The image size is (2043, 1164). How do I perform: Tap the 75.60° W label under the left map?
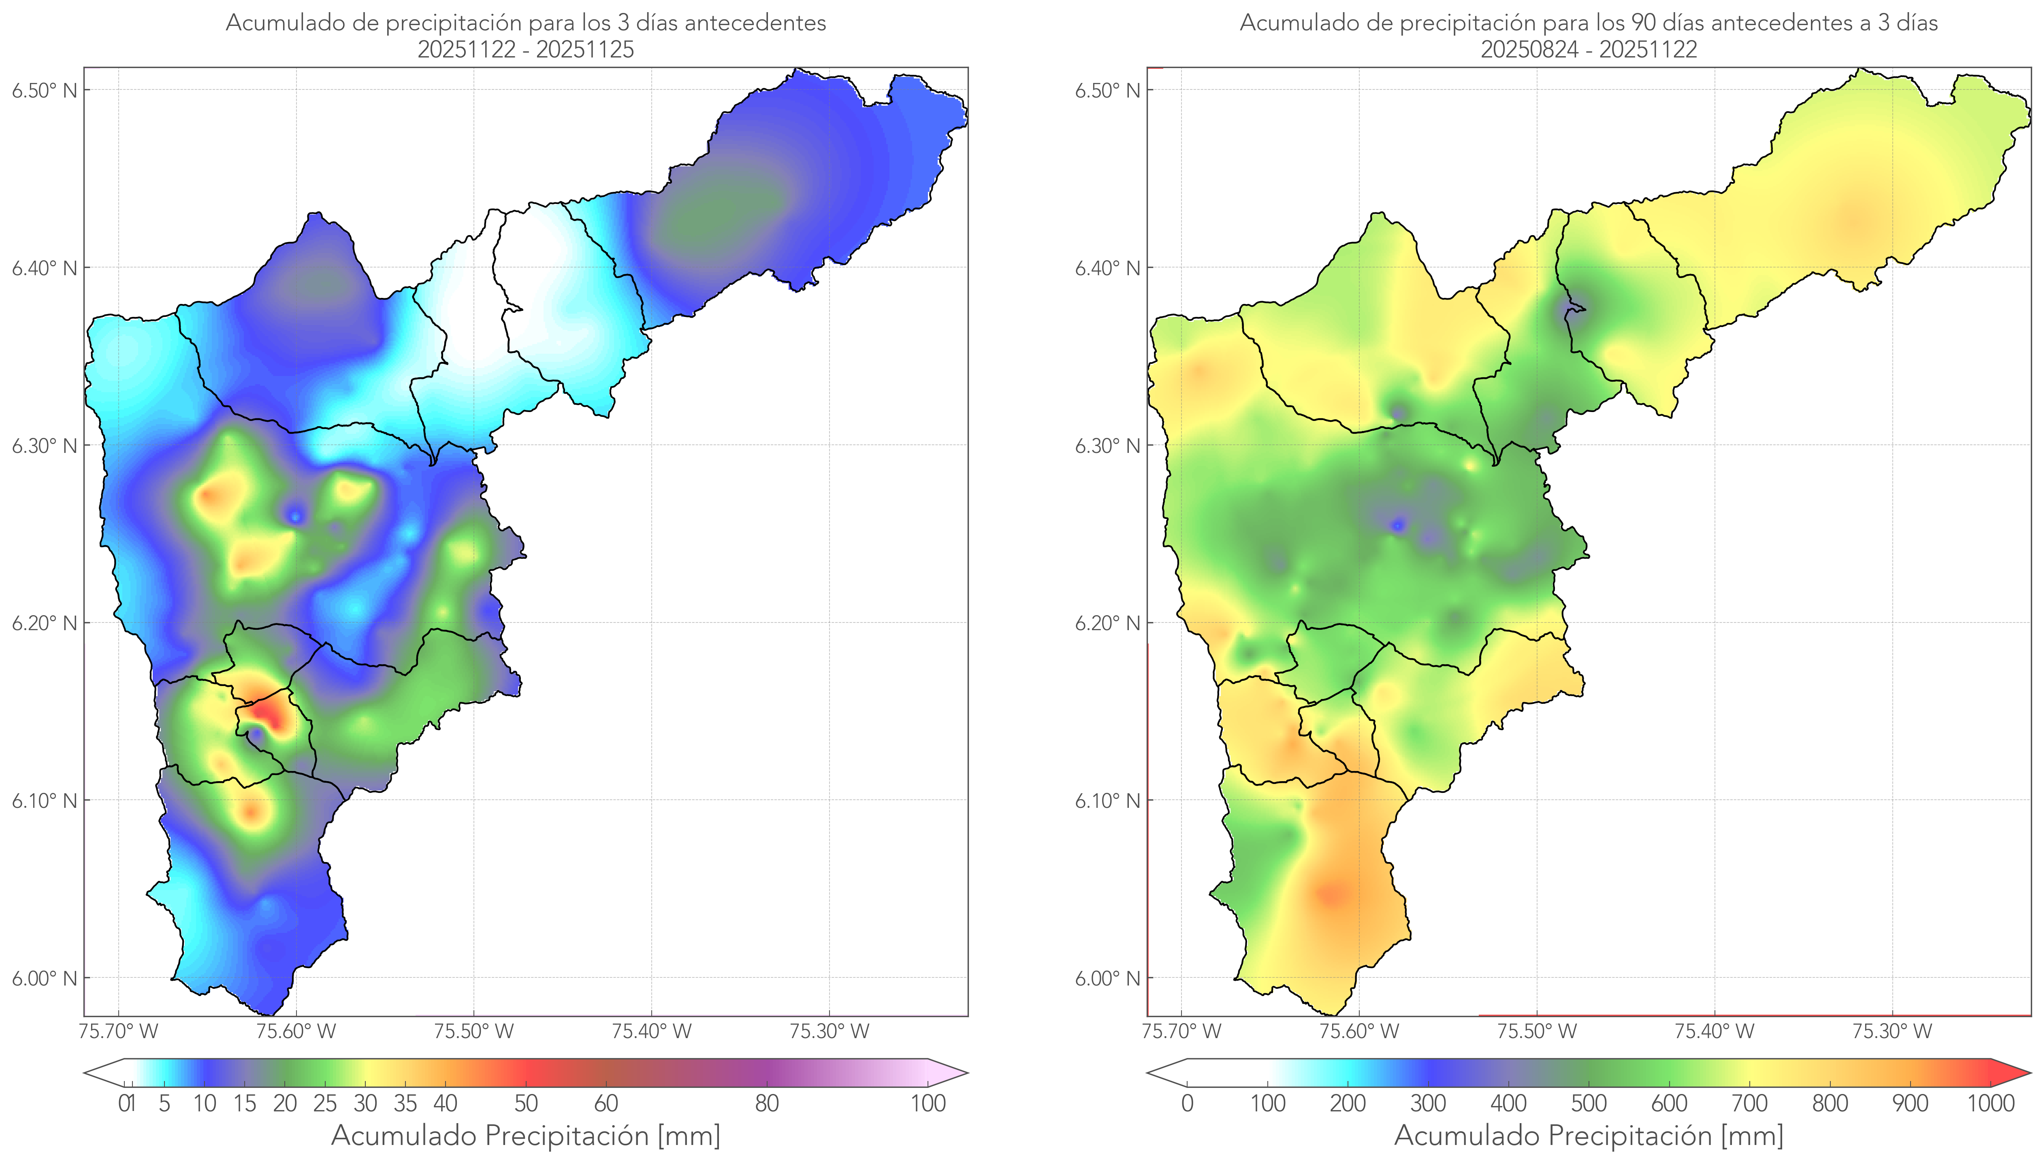pyautogui.click(x=296, y=1031)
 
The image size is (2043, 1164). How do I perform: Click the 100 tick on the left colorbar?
pyautogui.click(x=928, y=1103)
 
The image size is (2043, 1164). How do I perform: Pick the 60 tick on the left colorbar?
pyautogui.click(x=606, y=1103)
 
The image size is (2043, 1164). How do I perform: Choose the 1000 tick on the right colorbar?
pyautogui.click(x=1990, y=1103)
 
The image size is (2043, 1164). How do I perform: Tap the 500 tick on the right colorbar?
pyautogui.click(x=1589, y=1103)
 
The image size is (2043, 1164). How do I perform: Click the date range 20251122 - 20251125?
pyautogui.click(x=526, y=49)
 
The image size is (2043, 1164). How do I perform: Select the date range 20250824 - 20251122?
pyautogui.click(x=1589, y=49)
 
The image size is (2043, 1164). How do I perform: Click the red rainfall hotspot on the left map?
pyautogui.click(x=268, y=712)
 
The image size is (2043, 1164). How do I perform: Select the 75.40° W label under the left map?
pyautogui.click(x=651, y=1031)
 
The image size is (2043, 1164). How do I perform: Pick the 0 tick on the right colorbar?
pyautogui.click(x=1187, y=1103)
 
